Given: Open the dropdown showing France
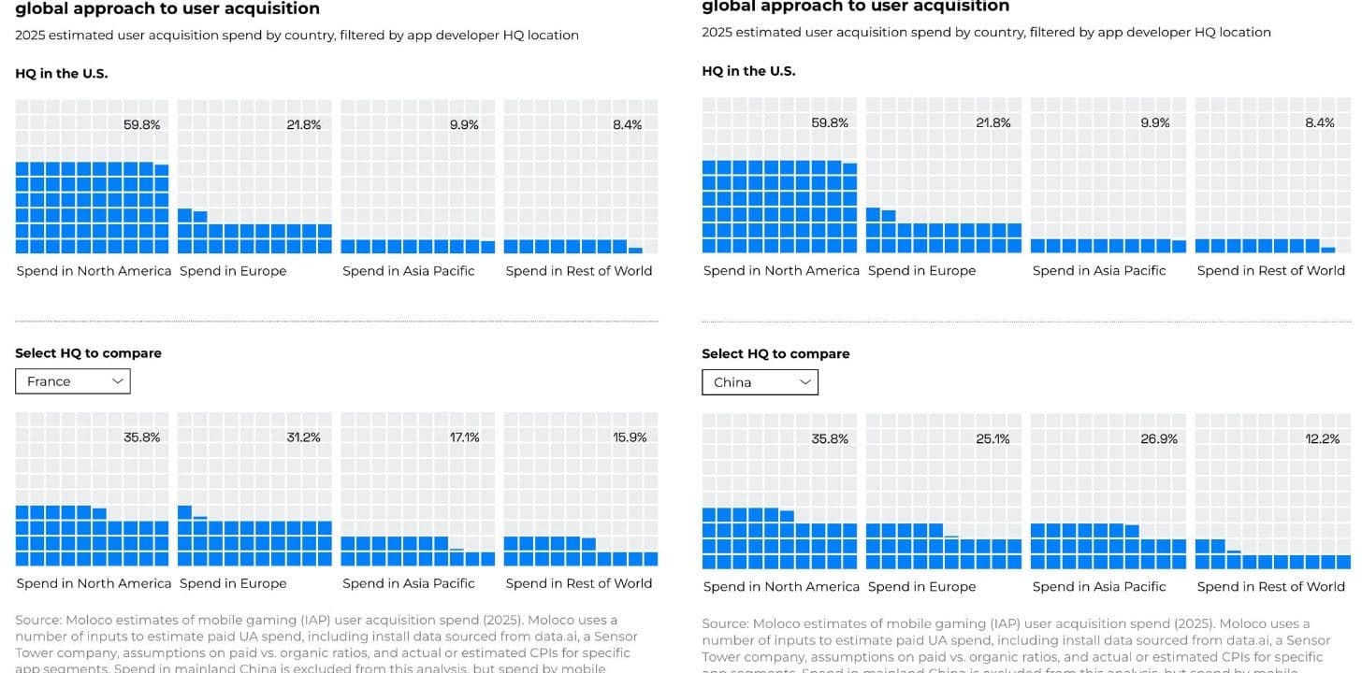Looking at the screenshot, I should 72,381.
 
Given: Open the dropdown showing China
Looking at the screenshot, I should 760,382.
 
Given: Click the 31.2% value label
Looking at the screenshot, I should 303,437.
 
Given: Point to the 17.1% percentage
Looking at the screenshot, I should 464,437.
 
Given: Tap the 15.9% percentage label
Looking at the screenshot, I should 630,437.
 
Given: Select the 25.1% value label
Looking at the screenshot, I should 993,438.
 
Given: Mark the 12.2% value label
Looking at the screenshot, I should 1322,438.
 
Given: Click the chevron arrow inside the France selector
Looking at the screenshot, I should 118,381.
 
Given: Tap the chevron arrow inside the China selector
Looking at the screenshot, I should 805,382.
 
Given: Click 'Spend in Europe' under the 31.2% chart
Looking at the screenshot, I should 233,583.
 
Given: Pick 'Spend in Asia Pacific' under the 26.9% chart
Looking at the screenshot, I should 1099,586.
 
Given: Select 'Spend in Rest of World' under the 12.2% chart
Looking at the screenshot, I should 1270,586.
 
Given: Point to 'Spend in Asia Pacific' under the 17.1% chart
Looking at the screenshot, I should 409,583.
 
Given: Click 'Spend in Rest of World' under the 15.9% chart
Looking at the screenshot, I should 579,583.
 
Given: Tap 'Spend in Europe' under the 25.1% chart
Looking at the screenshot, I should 921,586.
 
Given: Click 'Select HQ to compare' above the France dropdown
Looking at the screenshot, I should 88,353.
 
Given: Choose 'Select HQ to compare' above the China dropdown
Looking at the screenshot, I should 775,354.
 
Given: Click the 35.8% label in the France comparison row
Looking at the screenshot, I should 142,437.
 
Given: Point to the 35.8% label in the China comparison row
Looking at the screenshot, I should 830,438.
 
